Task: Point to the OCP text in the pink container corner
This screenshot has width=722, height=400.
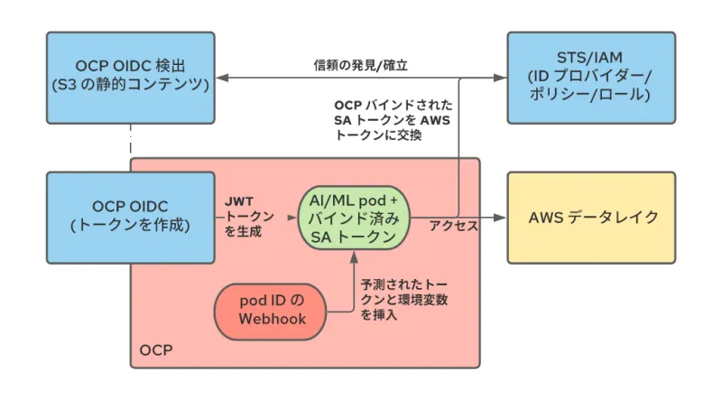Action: pos(155,349)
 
